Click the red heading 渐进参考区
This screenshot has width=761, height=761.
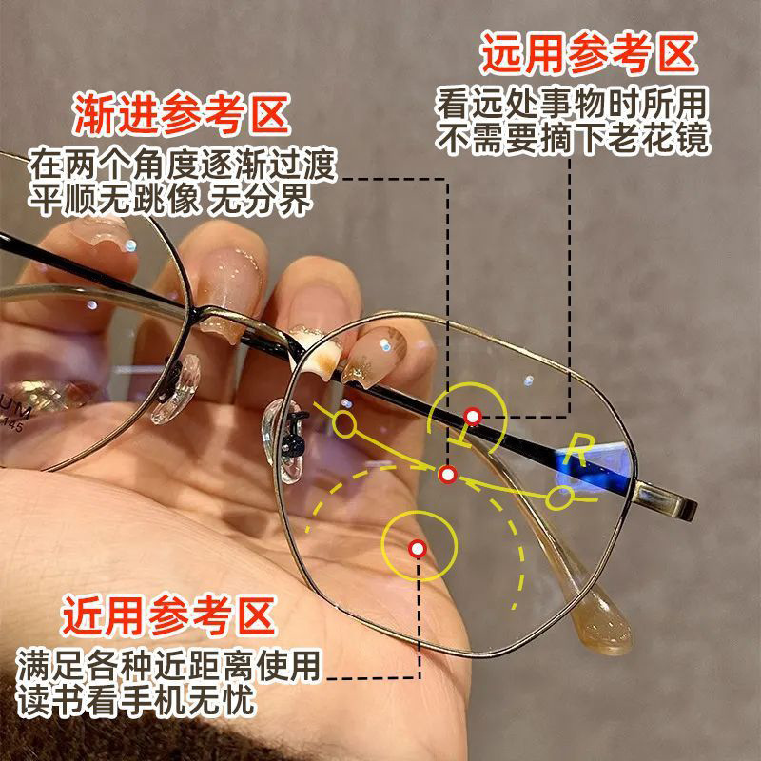point(181,115)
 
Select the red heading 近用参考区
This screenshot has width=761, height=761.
point(169,616)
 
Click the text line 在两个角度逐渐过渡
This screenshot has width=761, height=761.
point(183,165)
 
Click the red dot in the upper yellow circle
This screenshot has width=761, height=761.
point(473,415)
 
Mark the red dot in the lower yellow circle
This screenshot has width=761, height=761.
point(417,548)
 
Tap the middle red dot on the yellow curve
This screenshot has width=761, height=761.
point(449,473)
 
